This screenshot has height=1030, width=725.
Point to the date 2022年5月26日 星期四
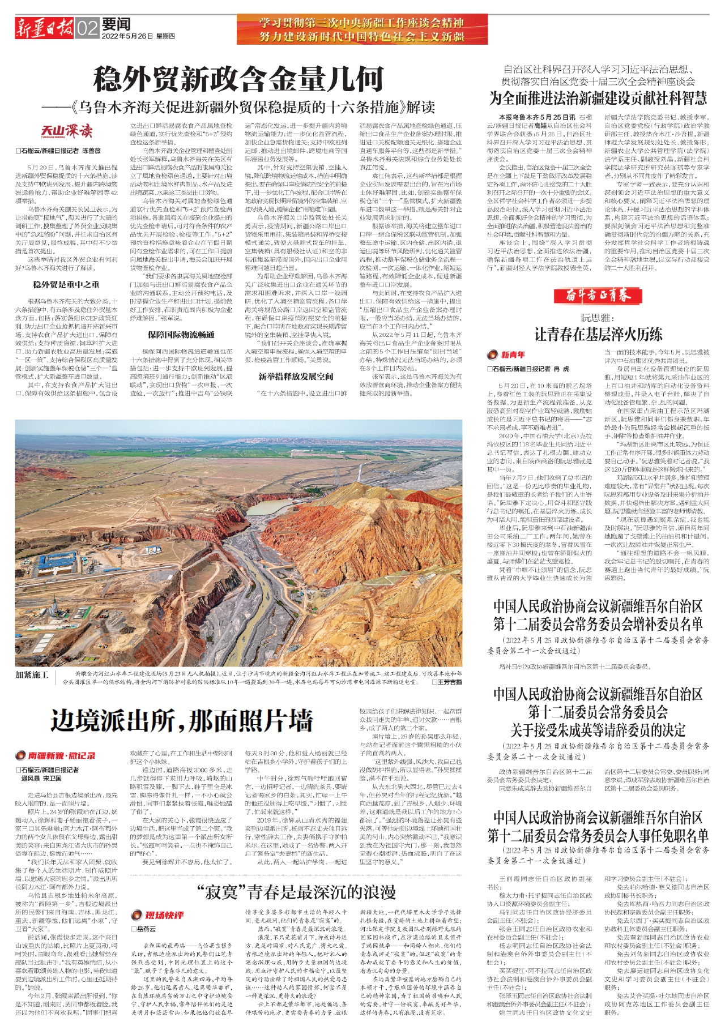[139, 36]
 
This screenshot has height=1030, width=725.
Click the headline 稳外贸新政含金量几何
[238, 79]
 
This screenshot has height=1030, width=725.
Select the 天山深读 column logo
[66, 132]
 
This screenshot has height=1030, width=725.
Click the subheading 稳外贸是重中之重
[66, 284]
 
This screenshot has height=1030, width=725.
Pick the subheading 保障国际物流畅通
[181, 335]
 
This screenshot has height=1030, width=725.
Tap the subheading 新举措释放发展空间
[296, 377]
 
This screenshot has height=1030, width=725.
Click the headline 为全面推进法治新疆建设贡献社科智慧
[598, 98]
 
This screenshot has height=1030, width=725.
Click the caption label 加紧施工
[32, 674]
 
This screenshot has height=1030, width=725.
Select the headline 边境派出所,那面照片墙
[181, 721]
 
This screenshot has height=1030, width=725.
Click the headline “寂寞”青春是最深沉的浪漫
[296, 892]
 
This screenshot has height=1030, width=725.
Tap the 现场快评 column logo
[158, 916]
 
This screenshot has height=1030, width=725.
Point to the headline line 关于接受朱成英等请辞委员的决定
[598, 730]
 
